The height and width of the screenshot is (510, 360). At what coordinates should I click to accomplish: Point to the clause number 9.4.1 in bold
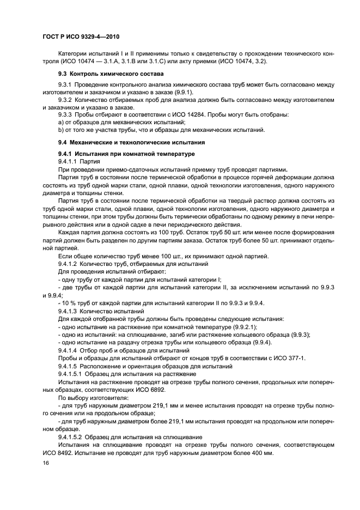coord(66,155)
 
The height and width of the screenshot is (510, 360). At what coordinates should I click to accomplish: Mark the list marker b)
coord(61,130)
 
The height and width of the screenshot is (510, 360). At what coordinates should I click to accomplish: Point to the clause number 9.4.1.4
coord(70,349)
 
